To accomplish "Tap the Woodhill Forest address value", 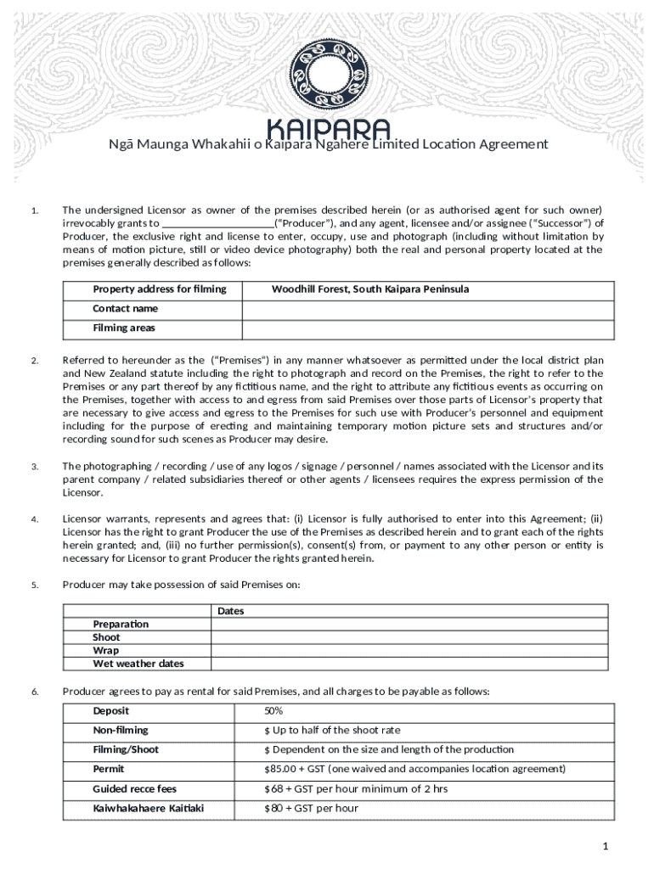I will [x=370, y=289].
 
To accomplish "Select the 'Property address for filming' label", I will [x=160, y=289].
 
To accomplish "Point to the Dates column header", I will [x=231, y=611].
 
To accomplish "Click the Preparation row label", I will [x=121, y=625].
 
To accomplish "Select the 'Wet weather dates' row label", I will [x=138, y=664].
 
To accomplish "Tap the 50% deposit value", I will [x=273, y=711].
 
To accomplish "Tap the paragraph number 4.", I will [x=34, y=519].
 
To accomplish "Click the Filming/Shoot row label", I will [x=126, y=750].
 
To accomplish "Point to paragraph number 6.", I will [x=34, y=692].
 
